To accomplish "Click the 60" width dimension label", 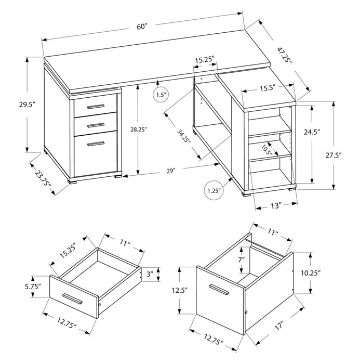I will point(142,27).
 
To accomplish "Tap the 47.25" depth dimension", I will point(285,56).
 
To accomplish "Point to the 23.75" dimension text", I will point(44,178).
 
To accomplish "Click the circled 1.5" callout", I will point(161,95).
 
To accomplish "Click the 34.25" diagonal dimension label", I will point(182,137).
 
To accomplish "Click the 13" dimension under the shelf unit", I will point(275,205).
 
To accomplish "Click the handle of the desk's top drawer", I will point(96,107).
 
